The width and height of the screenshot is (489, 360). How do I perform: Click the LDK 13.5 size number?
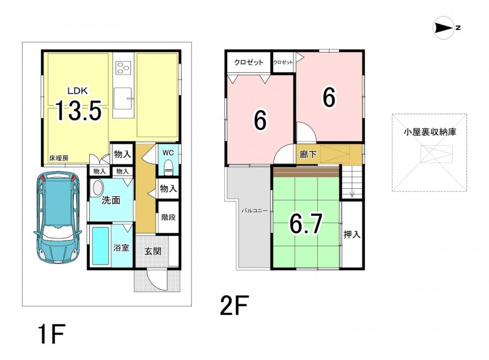[78, 111]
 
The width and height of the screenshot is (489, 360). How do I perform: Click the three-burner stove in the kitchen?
[123, 68]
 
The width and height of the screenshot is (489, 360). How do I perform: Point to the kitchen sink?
[123, 98]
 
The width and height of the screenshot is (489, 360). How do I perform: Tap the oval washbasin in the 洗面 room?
[98, 189]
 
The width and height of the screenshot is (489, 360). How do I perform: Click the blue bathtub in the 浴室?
[101, 246]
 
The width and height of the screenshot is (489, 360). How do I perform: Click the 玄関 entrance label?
[153, 251]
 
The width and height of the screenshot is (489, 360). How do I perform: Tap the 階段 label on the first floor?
[169, 217]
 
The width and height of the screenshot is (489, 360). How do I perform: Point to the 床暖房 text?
[58, 158]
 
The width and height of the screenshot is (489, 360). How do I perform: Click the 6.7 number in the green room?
[306, 223]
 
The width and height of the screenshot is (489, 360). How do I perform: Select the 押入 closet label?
[352, 234]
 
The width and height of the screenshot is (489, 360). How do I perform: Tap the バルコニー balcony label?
[255, 211]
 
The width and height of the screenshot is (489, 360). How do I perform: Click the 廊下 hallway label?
[308, 154]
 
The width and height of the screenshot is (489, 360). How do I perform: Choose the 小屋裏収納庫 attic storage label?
[430, 132]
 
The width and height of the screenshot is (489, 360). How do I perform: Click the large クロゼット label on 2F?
[249, 62]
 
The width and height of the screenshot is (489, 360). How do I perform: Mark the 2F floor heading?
[234, 306]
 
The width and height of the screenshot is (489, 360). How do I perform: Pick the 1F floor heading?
[51, 334]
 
